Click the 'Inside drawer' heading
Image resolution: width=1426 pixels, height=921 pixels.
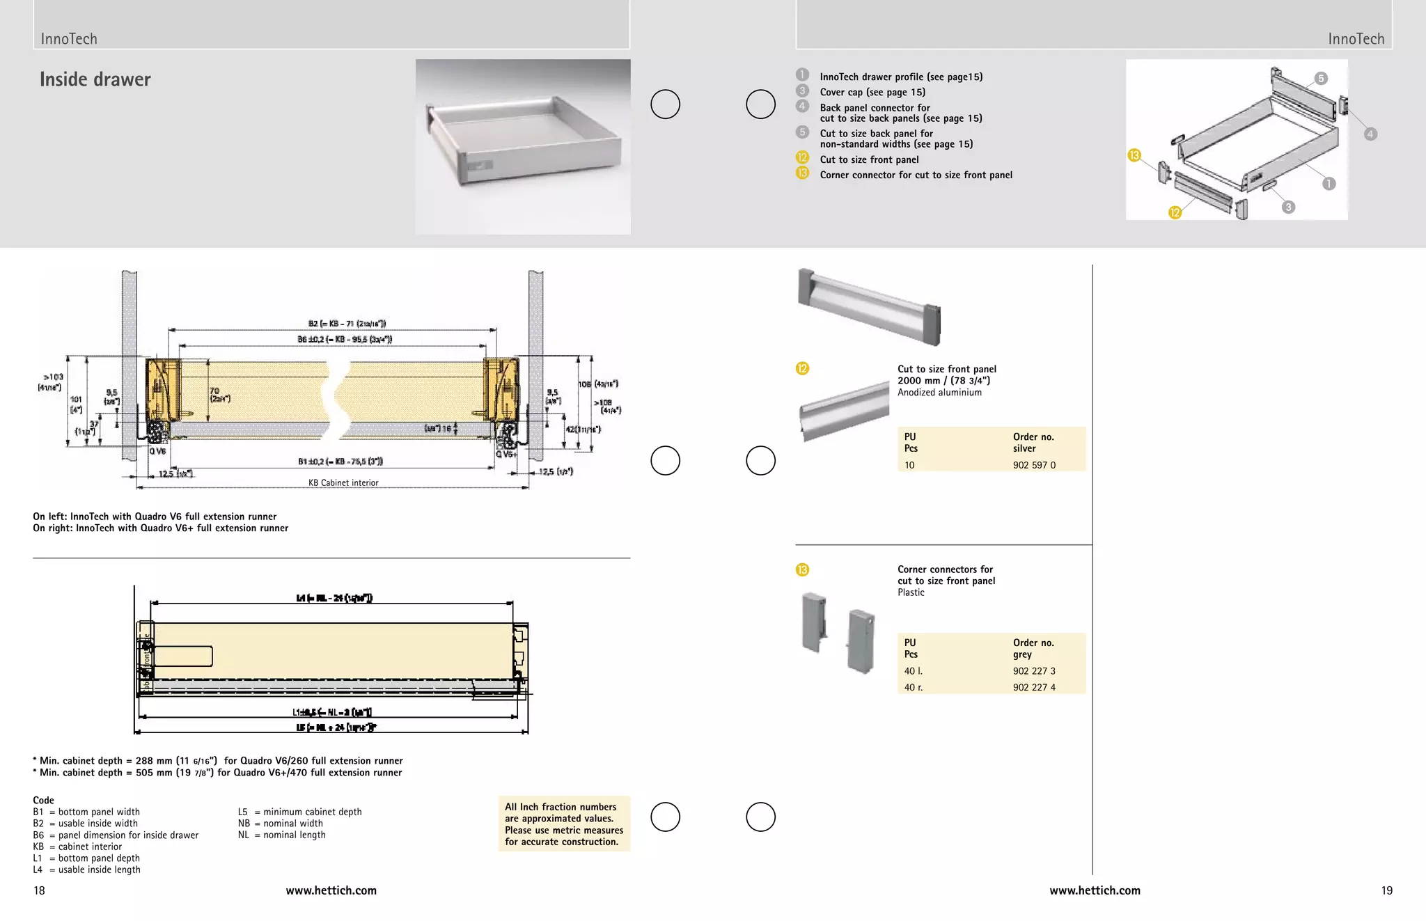click(95, 79)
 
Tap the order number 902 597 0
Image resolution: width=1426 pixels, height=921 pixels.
click(1034, 465)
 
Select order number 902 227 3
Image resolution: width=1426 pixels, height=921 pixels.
click(1034, 671)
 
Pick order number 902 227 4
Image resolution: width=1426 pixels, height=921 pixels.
click(1034, 687)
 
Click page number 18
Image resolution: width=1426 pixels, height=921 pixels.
click(39, 890)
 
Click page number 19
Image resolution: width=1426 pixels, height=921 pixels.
click(1386, 890)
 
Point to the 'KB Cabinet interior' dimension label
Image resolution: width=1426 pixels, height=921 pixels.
click(343, 482)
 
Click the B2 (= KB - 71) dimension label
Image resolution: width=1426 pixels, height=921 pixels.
click(347, 324)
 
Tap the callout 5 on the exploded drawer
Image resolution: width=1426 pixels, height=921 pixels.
click(1321, 79)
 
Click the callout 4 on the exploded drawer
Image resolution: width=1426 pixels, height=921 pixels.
click(1370, 134)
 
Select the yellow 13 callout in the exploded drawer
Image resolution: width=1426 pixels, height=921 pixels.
click(1134, 155)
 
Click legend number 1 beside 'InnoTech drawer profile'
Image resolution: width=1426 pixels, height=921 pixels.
click(802, 75)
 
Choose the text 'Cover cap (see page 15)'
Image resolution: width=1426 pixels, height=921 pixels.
click(872, 92)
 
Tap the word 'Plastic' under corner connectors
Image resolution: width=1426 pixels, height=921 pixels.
click(911, 592)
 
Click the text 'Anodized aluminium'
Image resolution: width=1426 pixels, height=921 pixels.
click(939, 393)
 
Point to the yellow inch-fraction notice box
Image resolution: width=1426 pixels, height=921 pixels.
click(564, 824)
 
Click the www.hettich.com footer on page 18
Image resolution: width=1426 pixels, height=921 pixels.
click(331, 890)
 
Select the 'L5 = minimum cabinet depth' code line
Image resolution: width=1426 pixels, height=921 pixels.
click(299, 812)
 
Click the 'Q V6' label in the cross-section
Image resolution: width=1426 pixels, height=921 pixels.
click(158, 451)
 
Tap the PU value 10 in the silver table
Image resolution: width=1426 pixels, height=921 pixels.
click(909, 465)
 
